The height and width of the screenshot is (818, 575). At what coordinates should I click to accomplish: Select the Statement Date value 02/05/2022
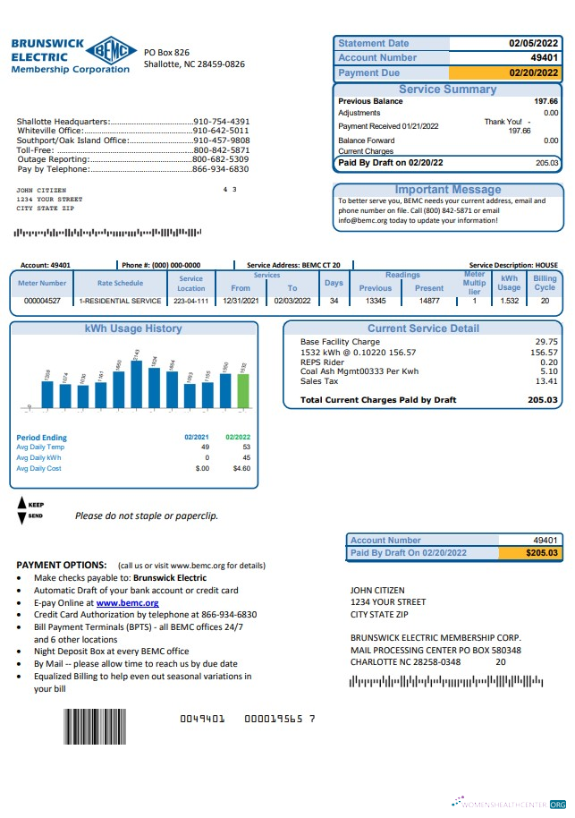tap(533, 43)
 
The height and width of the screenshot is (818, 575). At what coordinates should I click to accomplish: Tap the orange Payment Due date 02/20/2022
tap(533, 73)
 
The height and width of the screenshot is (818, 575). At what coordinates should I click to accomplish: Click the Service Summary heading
tap(447, 89)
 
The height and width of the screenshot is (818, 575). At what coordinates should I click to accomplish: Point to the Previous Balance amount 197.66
tap(545, 102)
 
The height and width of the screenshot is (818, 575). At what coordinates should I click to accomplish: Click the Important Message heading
tap(448, 190)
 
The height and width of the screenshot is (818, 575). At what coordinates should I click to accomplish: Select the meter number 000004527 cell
tap(42, 302)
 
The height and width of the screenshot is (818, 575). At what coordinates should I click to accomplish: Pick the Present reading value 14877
tap(429, 302)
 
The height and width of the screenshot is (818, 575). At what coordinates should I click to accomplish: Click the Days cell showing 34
tap(334, 302)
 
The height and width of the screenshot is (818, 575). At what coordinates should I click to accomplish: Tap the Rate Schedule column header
tap(120, 283)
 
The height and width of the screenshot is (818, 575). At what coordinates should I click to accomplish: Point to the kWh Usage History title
tap(133, 328)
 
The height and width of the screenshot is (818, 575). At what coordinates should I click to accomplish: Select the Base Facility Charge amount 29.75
tap(545, 342)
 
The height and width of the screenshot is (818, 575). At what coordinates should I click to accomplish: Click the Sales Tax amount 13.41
tap(545, 381)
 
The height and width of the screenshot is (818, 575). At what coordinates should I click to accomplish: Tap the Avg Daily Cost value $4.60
tap(241, 468)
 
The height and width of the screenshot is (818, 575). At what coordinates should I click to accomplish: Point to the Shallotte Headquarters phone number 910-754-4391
tap(222, 122)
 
